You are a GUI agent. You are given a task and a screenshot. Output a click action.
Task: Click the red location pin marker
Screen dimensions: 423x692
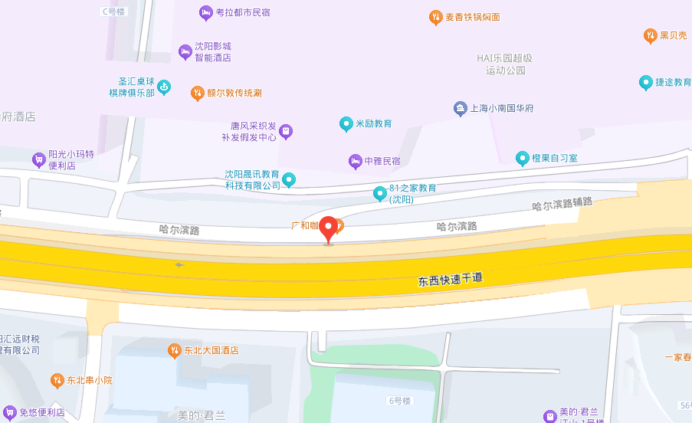(330, 228)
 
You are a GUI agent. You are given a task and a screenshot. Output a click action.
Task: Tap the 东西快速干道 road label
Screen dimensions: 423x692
(451, 279)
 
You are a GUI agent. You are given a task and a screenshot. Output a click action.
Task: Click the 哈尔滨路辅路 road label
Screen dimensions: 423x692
(562, 205)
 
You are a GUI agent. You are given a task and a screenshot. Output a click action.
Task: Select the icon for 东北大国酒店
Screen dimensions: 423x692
(174, 350)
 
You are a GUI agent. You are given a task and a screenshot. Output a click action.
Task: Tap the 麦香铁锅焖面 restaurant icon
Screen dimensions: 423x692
(435, 17)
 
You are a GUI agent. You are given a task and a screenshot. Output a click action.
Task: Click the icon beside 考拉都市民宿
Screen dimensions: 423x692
(205, 13)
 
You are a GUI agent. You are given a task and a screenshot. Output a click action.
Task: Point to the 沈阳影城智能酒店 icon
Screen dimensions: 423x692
(185, 51)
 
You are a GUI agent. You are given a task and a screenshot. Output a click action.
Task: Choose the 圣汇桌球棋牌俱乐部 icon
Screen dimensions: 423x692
(164, 87)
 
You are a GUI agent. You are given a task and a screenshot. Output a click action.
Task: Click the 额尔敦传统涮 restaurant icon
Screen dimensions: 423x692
(197, 93)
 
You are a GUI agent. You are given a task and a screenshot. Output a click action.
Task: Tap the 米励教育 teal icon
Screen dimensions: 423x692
(346, 123)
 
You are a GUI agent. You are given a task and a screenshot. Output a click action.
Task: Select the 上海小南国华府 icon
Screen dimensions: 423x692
(460, 108)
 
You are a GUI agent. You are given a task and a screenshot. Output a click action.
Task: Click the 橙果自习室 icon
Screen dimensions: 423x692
(523, 158)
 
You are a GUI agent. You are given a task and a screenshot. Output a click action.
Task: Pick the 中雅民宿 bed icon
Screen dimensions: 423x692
(355, 161)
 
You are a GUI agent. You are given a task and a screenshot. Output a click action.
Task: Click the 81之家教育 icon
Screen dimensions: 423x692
(379, 194)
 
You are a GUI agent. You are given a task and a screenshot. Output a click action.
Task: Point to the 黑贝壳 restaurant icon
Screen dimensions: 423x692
(650, 35)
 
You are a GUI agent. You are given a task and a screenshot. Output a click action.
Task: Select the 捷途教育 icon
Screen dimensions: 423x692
(645, 82)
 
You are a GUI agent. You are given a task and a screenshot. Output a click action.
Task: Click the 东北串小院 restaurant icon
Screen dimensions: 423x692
(57, 380)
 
